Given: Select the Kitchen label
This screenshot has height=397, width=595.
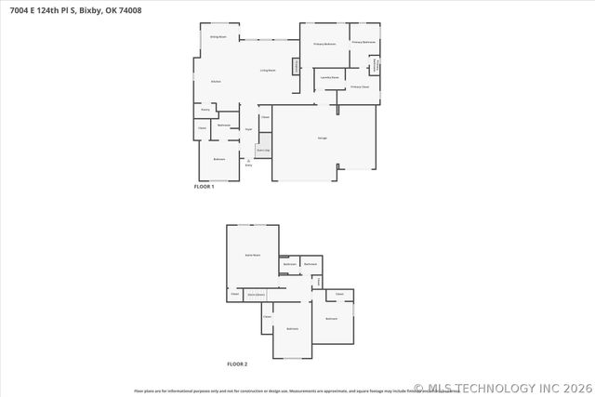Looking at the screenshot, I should point(216,82).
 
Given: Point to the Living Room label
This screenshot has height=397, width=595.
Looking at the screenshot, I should point(267,70).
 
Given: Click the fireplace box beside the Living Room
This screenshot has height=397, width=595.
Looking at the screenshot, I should point(297,66).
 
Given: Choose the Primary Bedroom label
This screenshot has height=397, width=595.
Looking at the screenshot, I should point(324,44).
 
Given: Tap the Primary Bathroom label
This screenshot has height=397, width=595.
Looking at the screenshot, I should point(364,42).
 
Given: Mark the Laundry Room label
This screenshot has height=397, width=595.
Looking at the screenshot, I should point(328,78).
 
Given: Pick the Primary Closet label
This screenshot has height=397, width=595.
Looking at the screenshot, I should point(360,86).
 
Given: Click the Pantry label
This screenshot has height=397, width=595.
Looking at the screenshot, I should point(205,109).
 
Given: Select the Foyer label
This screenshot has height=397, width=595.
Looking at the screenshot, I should point(248,129).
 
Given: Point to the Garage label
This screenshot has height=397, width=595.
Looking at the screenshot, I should point(322,138).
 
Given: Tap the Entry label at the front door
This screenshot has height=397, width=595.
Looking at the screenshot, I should point(248,164).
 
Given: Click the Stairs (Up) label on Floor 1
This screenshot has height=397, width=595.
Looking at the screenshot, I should point(264,150).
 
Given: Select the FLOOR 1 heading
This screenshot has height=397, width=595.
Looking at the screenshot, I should point(204,187).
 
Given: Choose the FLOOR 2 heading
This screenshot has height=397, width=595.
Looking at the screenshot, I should point(237,364).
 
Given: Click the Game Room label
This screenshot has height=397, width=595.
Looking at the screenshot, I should point(251,254).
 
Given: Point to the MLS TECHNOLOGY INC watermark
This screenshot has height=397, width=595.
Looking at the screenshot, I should point(503,388).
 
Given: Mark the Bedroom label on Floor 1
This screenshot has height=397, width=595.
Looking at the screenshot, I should point(219,159).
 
